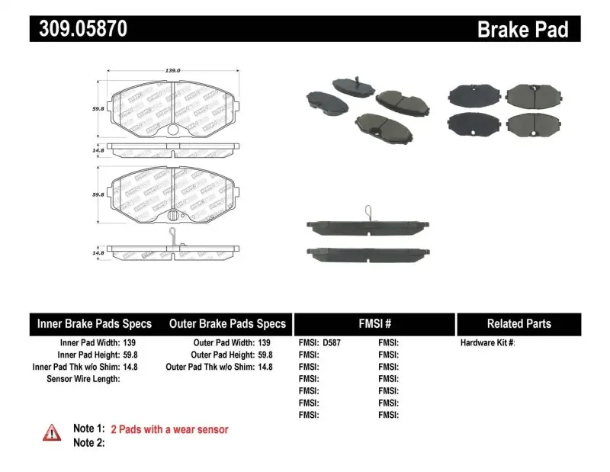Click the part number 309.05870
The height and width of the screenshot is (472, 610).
point(78,29)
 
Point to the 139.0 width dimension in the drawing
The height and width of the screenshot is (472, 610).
point(173,70)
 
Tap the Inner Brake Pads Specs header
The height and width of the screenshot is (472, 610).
point(95,323)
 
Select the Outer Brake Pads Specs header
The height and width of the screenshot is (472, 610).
point(227,323)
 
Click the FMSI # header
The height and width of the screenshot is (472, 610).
point(374,323)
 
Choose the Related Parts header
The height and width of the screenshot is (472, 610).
point(519,323)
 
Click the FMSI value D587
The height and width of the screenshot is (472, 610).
point(332,343)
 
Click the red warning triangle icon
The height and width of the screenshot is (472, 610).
point(52,432)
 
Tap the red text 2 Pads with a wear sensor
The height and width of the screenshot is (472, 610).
point(169,429)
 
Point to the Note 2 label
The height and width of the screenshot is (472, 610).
point(88,443)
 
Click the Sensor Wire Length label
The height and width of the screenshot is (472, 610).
point(83,379)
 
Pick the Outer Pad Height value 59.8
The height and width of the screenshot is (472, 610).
point(265,355)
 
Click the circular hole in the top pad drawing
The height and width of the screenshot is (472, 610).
point(172,130)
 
